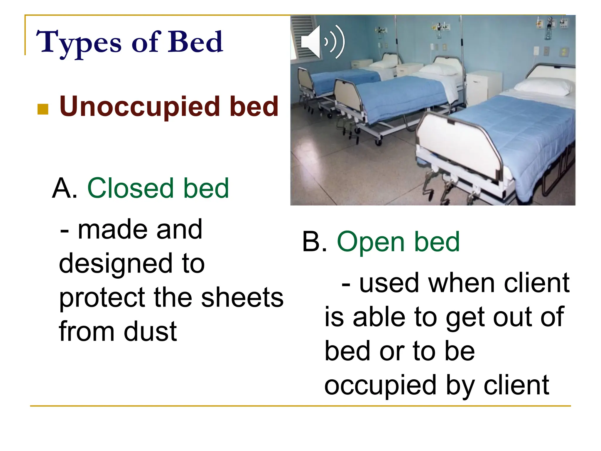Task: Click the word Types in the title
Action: click(x=78, y=43)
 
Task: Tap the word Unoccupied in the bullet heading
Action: click(x=139, y=106)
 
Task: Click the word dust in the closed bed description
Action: click(x=150, y=331)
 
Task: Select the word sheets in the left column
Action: click(x=242, y=297)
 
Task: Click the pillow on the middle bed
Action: click(x=438, y=70)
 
